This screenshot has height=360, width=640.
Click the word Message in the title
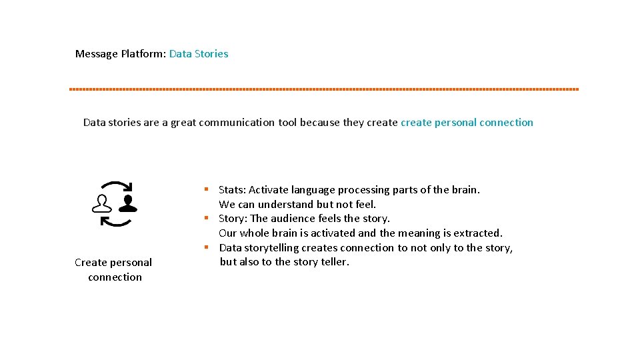click(x=97, y=54)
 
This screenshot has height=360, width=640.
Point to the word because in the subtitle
click(x=319, y=123)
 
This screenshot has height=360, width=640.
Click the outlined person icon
click(x=102, y=203)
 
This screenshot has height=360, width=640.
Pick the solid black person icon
click(x=128, y=203)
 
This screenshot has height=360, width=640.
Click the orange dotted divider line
click(x=324, y=89)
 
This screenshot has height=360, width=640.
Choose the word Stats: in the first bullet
click(x=232, y=190)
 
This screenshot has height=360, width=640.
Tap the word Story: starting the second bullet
click(x=233, y=219)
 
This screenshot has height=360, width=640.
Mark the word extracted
click(x=477, y=233)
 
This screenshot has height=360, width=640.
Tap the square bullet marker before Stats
click(x=207, y=189)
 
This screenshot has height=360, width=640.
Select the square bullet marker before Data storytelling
click(x=207, y=247)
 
